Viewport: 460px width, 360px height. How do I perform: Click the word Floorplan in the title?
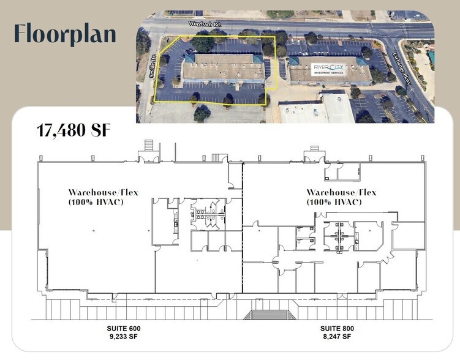[x=64, y=34]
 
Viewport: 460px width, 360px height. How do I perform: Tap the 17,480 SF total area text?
[x=74, y=130]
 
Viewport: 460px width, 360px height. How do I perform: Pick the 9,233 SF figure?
[x=124, y=337]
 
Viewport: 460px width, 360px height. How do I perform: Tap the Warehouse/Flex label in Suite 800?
[x=341, y=192]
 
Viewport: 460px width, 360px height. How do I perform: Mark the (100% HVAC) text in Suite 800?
[x=341, y=201]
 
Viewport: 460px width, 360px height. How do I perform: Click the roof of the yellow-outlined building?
[x=224, y=69]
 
